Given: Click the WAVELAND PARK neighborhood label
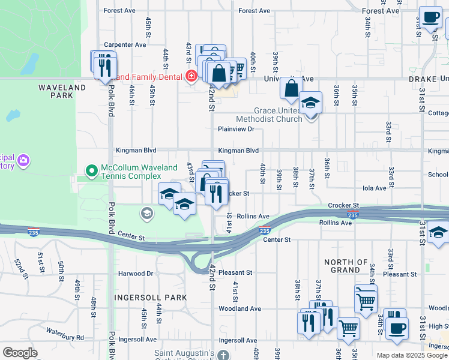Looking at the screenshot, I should coord(62,91).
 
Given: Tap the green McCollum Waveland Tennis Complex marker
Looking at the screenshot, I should coord(91,171).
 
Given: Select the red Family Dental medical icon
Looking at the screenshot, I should coord(191,76).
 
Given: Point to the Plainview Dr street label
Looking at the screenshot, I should coord(236,129).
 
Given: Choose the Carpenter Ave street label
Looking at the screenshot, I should coord(125,44).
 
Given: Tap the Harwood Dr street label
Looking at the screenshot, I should coord(136,274).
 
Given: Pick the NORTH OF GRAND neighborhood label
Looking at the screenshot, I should coord(346,266).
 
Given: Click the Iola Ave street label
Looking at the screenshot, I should coord(375,188).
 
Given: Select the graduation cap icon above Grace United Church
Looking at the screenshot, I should coord(310,101).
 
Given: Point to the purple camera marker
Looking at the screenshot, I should coord(23,161).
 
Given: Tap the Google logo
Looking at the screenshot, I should coord(20,353).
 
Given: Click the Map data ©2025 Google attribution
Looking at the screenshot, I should coord(412,355).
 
